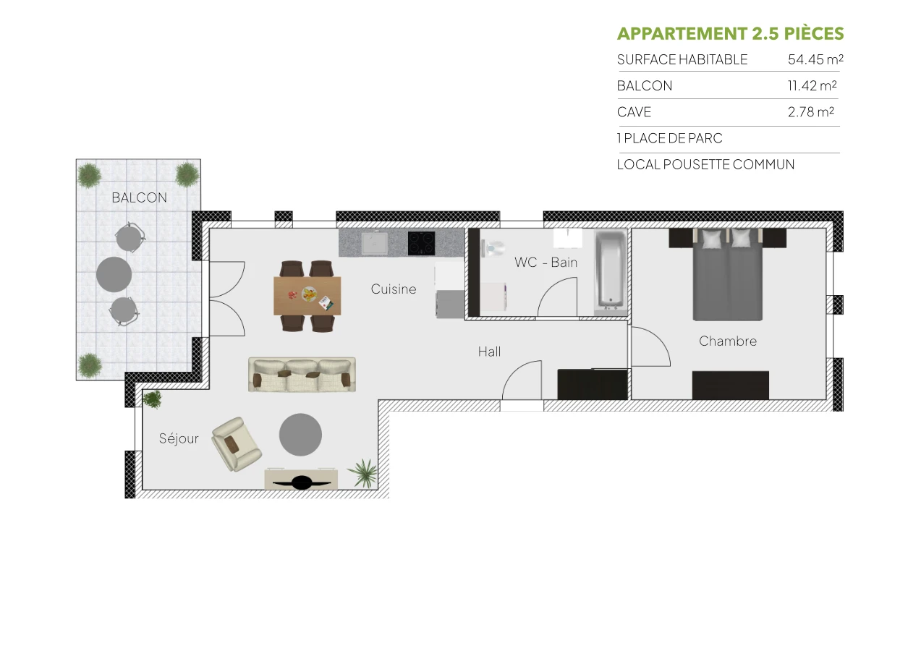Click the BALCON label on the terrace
139,197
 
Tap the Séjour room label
179,438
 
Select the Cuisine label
394,289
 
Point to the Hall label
489,352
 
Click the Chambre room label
728,341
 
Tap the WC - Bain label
546,263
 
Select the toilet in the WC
494,248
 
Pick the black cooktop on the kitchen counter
421,243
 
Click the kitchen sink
374,243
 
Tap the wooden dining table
307,296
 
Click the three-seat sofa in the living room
302,374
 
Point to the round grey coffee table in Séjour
300,435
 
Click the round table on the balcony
114,274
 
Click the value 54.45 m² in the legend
815,60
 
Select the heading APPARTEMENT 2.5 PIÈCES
730,34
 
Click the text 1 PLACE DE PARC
669,138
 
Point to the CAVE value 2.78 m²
810,112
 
